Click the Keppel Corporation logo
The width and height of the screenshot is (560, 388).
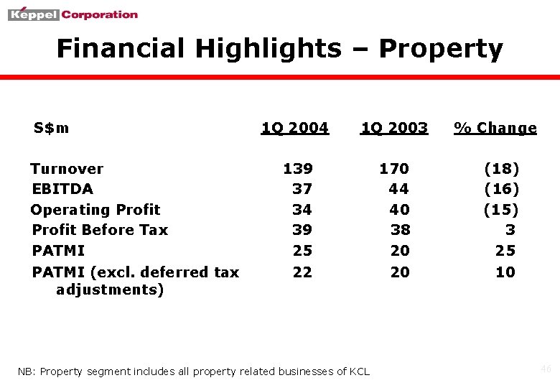73,14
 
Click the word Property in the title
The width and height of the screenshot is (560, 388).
440,49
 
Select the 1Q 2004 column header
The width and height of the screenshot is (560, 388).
294,128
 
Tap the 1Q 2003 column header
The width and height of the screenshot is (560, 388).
394,128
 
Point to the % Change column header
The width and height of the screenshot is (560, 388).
495,128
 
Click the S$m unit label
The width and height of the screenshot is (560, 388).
52,128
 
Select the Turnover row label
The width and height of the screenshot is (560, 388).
67,169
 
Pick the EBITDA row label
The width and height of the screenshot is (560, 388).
62,189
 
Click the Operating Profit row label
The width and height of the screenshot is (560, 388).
95,210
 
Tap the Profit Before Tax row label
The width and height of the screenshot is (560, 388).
100,230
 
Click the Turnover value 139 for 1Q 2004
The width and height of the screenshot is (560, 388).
298,169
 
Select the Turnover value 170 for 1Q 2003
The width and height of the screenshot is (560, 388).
394,169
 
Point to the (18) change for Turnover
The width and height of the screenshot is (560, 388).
502,169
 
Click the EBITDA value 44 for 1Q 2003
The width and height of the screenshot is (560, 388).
398,189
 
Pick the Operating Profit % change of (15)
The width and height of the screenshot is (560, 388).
501,210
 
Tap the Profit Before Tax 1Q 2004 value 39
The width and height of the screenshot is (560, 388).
302,230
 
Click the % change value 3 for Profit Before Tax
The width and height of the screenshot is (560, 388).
510,230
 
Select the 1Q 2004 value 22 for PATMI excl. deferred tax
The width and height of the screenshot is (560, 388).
302,272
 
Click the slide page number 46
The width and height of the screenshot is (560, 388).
546,369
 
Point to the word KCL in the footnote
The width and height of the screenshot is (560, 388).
359,371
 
